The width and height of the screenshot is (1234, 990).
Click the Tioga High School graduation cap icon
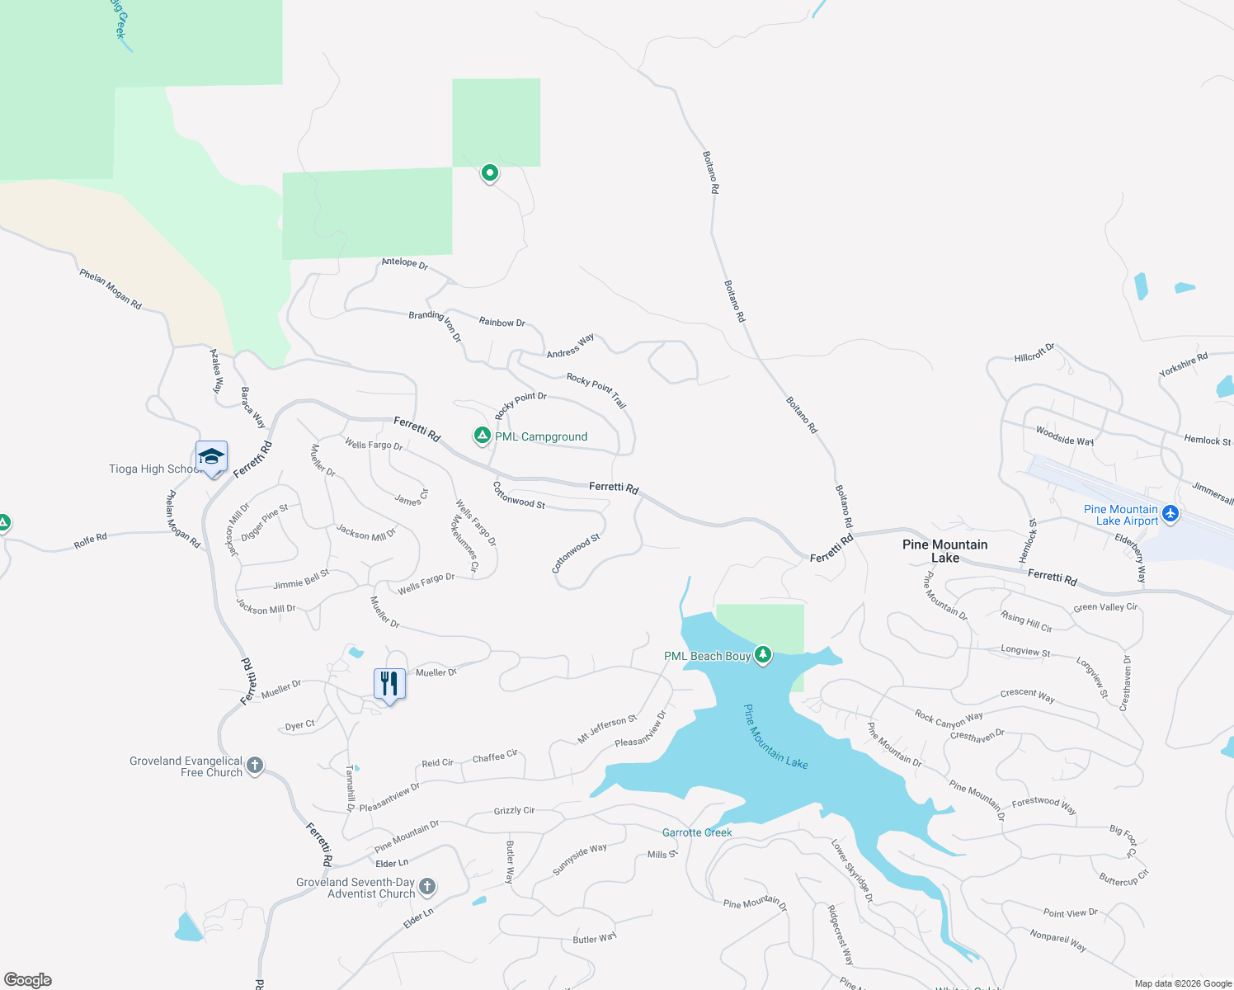211,456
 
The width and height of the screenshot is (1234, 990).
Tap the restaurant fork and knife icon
389,684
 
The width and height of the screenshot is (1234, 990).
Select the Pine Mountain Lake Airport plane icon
1170,515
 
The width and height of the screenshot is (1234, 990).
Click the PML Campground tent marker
482,435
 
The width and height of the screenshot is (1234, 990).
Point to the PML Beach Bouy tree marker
763,655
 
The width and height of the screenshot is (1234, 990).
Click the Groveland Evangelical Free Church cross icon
255,766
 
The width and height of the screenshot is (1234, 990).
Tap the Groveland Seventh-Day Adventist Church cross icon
426,887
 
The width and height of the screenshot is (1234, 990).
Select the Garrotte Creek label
697,832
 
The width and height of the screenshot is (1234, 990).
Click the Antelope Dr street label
404,263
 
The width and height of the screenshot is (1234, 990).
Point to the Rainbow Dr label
502,323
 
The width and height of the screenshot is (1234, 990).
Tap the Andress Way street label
570,346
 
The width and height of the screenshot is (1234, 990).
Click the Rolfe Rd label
90,540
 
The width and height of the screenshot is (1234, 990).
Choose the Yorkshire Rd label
1183,365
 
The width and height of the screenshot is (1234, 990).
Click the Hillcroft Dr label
1034,353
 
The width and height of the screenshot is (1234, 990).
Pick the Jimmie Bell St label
301,579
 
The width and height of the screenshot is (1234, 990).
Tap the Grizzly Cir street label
514,811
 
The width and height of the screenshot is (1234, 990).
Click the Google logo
28,979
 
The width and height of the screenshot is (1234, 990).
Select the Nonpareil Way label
1057,940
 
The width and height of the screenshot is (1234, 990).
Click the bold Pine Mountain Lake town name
944,551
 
